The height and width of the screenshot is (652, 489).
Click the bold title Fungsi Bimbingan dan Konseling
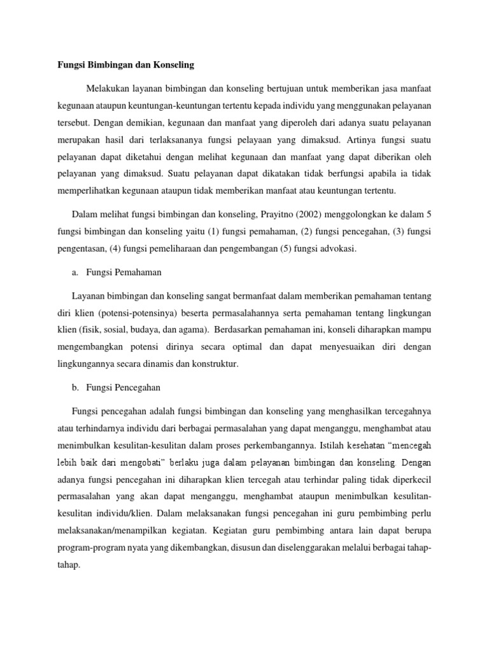click(x=122, y=65)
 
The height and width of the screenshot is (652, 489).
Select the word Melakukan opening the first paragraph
click(x=108, y=87)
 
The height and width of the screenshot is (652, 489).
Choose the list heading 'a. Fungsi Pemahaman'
click(x=117, y=273)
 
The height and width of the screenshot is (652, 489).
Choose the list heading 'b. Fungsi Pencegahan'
click(x=117, y=387)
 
